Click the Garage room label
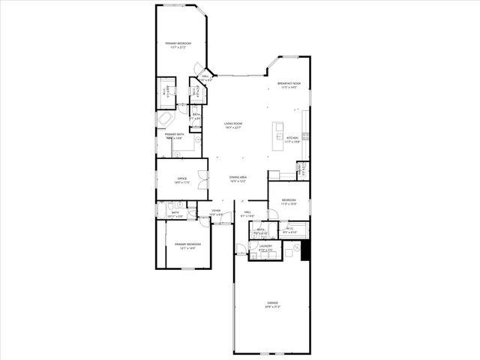click(x=271, y=302)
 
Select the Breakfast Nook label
click(x=289, y=83)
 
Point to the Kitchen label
click(x=292, y=138)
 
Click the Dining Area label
click(x=238, y=177)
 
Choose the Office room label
click(x=181, y=178)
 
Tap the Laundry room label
click(x=265, y=245)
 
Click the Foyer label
click(x=216, y=211)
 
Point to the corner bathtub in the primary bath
click(x=165, y=119)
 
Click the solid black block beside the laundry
click(x=304, y=250)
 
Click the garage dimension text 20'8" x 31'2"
click(x=271, y=307)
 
